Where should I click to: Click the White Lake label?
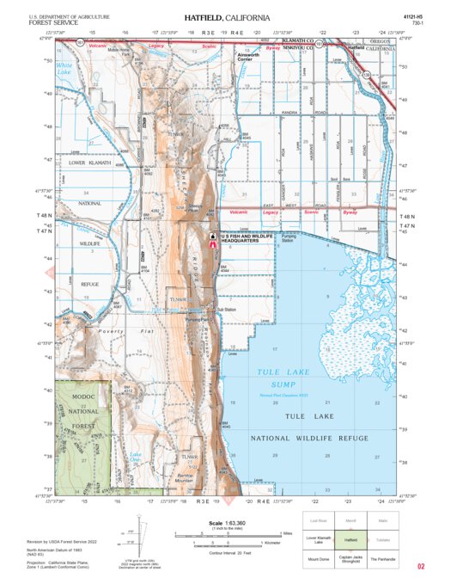pos(64,67)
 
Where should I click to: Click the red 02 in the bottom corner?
pos(421,567)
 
